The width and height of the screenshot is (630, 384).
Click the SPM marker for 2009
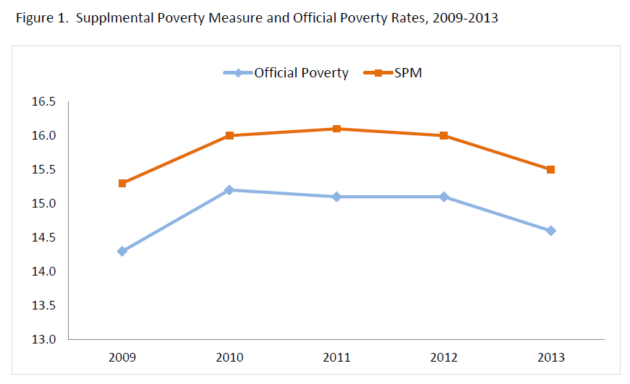click(x=122, y=183)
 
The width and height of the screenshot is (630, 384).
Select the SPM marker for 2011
click(x=336, y=129)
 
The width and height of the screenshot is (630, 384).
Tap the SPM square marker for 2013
click(x=550, y=169)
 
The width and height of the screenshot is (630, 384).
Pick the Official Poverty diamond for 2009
click(x=122, y=251)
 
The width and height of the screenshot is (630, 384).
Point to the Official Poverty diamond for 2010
click(x=229, y=189)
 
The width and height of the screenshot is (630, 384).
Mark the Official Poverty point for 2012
click(x=443, y=197)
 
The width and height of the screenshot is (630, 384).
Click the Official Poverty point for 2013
click(x=550, y=231)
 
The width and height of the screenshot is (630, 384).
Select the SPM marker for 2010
click(x=229, y=135)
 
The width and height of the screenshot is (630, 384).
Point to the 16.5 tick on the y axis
click(x=43, y=102)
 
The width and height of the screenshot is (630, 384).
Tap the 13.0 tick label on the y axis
click(x=43, y=339)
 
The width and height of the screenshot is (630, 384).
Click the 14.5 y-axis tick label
click(x=43, y=237)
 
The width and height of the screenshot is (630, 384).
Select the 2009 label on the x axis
click(x=122, y=357)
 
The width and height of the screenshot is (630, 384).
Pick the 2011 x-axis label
click(x=336, y=357)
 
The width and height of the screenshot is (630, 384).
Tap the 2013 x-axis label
click(x=550, y=357)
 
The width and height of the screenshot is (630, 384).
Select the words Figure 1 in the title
click(x=39, y=18)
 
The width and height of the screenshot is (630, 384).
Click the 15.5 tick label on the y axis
click(x=43, y=169)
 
